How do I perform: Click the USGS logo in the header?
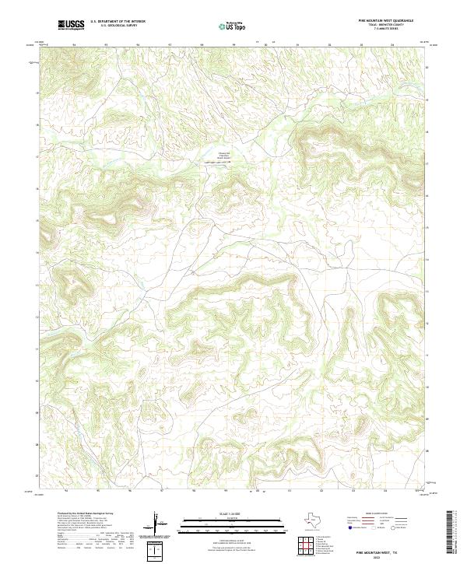70,26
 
